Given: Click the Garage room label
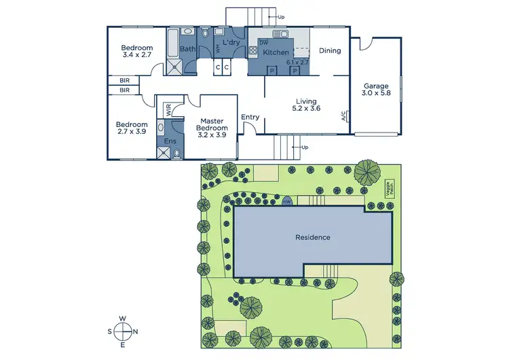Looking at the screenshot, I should (375, 86).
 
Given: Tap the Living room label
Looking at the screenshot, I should (305, 101).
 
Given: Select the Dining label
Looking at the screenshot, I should (330, 50).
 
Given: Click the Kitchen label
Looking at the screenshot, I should (276, 52).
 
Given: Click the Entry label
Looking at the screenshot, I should (250, 117).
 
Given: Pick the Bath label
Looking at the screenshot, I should (188, 49).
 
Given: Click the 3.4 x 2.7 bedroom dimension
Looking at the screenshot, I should (136, 56).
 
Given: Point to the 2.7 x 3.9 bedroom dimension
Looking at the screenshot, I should (131, 132).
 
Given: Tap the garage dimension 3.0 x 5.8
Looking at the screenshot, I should (375, 94).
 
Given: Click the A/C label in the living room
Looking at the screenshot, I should (344, 115).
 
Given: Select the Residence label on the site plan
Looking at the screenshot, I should (313, 238).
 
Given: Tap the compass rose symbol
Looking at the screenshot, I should (123, 331).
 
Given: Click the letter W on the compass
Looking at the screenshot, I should (123, 318).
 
